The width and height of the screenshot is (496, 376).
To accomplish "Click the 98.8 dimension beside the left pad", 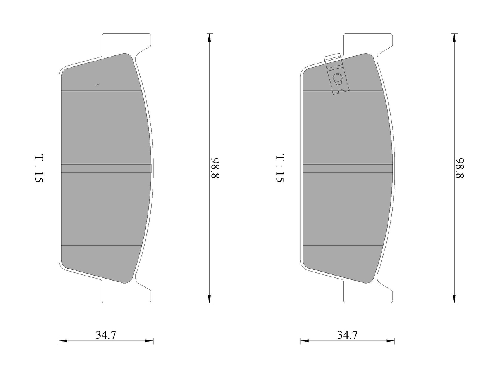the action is point(215,168).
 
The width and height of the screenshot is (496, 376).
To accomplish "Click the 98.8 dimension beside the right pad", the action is point(460,168).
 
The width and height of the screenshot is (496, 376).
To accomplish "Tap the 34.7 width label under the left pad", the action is point(106,335).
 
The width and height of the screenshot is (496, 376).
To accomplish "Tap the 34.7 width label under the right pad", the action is point(347,335).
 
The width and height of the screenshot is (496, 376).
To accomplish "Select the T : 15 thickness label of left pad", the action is point(39,168).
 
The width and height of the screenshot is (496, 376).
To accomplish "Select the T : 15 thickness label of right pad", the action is point(280,168).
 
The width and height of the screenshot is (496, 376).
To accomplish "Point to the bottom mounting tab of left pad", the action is point(126,292).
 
